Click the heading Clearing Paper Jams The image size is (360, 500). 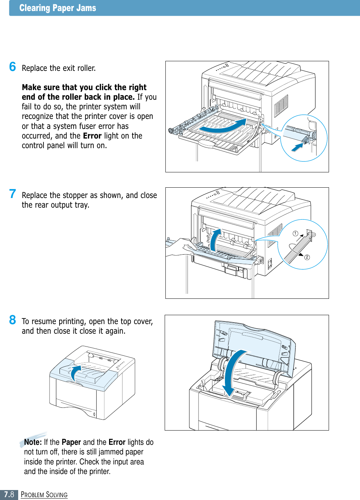(x=57, y=8)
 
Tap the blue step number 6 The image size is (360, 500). (x=12, y=67)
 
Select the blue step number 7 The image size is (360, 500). (x=12, y=194)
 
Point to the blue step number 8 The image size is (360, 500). (x=12, y=320)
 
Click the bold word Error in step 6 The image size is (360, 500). (x=92, y=136)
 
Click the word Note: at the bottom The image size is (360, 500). (x=33, y=442)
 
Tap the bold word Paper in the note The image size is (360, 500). (x=71, y=442)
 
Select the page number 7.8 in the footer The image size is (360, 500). (x=9, y=494)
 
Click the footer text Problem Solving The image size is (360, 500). (x=44, y=495)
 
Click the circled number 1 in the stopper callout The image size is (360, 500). (x=295, y=234)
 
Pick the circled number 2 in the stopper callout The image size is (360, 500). (x=307, y=257)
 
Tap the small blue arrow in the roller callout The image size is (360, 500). (x=297, y=147)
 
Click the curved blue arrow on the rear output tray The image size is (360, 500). (x=223, y=126)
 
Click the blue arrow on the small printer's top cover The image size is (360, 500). (x=75, y=373)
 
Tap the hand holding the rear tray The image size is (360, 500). (x=180, y=248)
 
